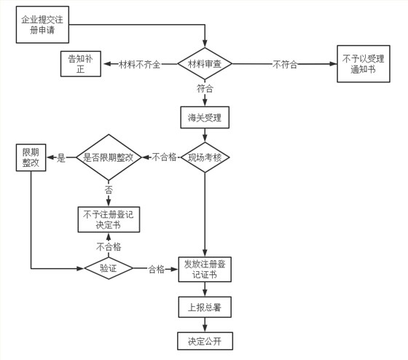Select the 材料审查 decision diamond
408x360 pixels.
coord(205,64)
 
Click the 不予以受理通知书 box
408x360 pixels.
coord(363,64)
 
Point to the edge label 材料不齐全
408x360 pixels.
coord(141,65)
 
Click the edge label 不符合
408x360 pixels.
coord(284,65)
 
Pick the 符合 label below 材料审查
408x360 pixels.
coord(205,89)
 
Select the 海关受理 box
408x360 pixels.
coord(205,117)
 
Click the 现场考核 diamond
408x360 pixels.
coord(205,157)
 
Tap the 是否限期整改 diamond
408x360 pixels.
coord(109,157)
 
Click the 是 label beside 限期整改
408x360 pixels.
coord(61,157)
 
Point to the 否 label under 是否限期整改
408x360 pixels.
coord(109,189)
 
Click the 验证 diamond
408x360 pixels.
coord(109,268)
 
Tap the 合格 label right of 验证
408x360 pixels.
coord(156,268)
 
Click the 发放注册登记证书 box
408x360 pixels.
coord(205,270)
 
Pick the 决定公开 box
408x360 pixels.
coord(205,340)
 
